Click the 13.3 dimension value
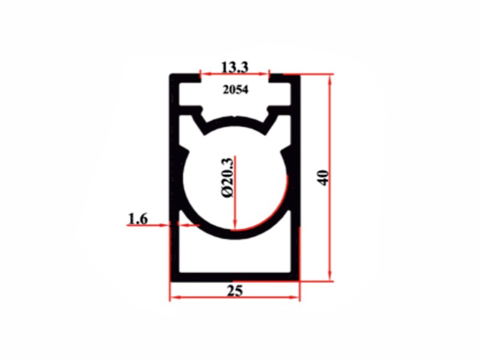coord(235,67)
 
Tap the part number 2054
coord(235,90)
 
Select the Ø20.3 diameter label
coord(227,177)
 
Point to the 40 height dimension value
coord(323,178)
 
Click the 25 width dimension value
coord(235,291)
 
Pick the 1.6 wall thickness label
coord(138,218)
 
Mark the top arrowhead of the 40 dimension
coord(329,80)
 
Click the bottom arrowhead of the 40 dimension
coord(329,275)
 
